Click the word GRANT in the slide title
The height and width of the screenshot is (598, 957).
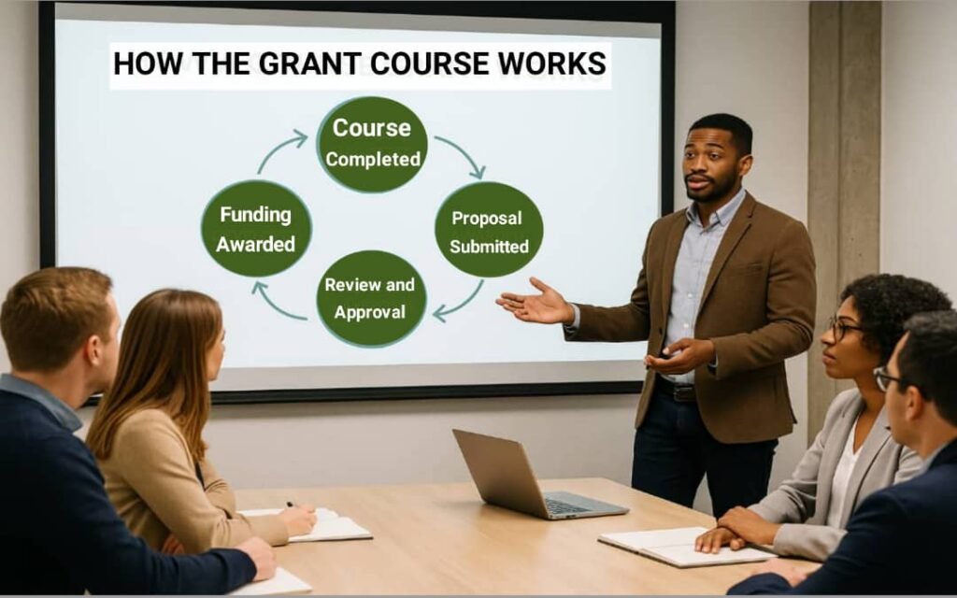pos(310,63)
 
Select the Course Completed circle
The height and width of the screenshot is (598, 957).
pos(372,144)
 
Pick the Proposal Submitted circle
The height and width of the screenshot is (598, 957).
pos(489,230)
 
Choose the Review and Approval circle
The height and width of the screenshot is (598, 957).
pos(371,299)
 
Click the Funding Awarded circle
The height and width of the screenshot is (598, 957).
pos(256,229)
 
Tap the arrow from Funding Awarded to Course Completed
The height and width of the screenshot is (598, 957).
pos(279,150)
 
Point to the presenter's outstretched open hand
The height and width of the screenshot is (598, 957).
pos(533,302)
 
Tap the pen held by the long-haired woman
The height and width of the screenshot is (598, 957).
pos(293,505)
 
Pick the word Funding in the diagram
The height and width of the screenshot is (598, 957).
pos(255,214)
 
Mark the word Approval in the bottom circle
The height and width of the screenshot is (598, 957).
pos(370,312)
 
